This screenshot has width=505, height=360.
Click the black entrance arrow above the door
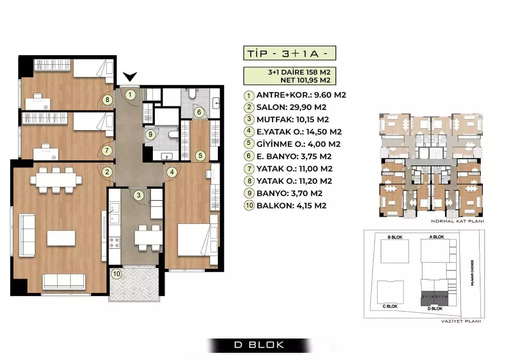(130, 77)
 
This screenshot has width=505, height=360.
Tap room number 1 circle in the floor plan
(130, 95)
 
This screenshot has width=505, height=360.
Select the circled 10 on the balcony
(116, 274)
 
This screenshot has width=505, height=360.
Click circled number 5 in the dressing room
(200, 155)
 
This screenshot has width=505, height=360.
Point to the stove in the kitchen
(114, 241)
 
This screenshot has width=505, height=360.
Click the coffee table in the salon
(61, 238)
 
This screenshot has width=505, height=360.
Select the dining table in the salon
(56, 180)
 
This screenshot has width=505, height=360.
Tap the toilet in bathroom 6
(191, 94)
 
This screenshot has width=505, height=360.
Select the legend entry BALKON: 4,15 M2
(291, 206)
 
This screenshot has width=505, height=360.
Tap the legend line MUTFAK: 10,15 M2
(293, 119)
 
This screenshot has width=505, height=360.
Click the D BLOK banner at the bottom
(259, 344)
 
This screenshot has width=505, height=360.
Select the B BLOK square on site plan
(395, 251)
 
